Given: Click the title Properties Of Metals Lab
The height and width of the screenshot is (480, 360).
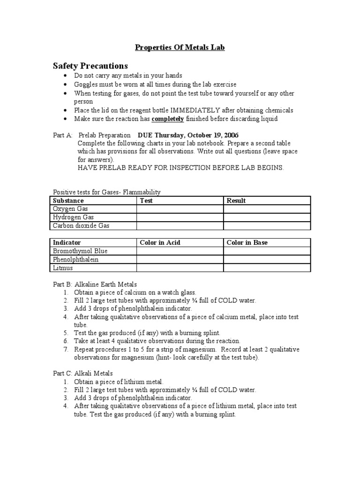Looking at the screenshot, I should click(x=180, y=47).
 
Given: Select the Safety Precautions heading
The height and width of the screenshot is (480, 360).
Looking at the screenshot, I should click(x=90, y=66).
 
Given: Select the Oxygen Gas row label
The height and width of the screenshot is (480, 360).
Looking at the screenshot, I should click(x=70, y=209).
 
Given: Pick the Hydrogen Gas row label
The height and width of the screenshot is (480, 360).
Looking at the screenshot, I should click(x=73, y=217).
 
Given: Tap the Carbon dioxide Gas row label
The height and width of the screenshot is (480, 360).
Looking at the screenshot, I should click(x=81, y=226).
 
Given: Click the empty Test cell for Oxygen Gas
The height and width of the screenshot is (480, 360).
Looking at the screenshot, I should click(x=180, y=209).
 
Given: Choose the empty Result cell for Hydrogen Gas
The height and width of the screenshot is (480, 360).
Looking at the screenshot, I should click(x=266, y=217).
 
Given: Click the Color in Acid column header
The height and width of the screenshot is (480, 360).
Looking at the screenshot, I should click(x=160, y=242).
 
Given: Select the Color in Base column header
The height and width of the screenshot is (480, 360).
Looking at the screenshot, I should click(x=247, y=242).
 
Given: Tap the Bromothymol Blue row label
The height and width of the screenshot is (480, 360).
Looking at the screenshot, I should click(x=80, y=251).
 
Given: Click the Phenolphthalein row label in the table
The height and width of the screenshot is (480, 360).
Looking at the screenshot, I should click(x=76, y=259).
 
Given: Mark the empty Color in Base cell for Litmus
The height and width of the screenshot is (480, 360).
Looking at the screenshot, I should click(x=266, y=268).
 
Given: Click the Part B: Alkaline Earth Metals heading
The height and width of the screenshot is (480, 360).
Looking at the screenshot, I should click(x=95, y=284).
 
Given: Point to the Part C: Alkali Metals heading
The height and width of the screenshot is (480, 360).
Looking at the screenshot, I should click(x=82, y=373).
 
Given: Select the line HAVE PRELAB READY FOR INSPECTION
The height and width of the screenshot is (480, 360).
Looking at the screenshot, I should click(x=180, y=168).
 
